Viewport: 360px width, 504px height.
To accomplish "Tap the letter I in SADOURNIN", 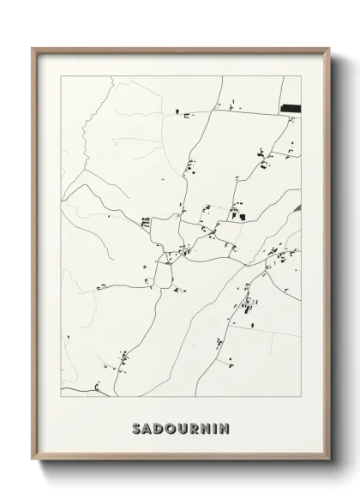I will point(218,427).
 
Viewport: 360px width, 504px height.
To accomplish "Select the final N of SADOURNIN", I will point(227,427).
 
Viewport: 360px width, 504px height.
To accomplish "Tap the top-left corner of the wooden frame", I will point(33,48).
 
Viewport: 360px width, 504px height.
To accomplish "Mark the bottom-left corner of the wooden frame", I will point(33,465).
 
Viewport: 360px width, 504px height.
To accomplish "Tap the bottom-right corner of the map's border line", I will point(302,396).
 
